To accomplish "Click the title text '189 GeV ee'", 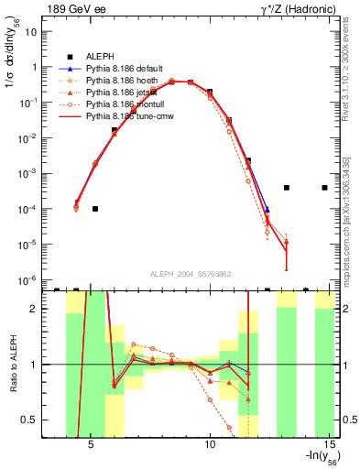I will pos(74,9).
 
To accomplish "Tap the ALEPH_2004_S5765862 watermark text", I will pos(189,274).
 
